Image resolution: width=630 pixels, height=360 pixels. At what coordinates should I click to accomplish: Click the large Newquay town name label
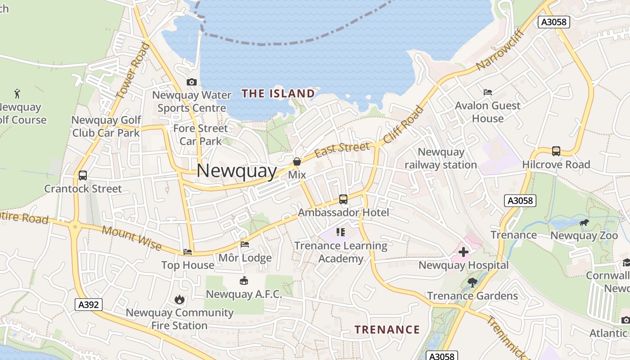pyautogui.click(x=237, y=171)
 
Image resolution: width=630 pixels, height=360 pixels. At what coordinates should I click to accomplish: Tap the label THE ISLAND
pyautogui.click(x=278, y=94)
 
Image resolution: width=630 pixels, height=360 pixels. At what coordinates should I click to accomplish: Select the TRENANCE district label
pyautogui.click(x=387, y=330)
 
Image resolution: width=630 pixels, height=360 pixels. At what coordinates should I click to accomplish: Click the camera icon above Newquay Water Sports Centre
pyautogui.click(x=192, y=82)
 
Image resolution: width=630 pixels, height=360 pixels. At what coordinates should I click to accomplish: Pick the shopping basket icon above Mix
pyautogui.click(x=297, y=162)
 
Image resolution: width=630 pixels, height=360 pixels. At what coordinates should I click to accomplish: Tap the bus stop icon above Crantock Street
pyautogui.click(x=83, y=175)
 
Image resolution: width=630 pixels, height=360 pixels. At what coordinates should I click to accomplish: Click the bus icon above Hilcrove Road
pyautogui.click(x=556, y=151)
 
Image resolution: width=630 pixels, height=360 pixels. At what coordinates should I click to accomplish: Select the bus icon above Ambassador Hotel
pyautogui.click(x=343, y=199)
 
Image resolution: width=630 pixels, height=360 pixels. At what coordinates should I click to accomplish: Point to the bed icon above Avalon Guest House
pyautogui.click(x=488, y=92)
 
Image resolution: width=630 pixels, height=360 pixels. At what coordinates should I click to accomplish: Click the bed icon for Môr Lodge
pyautogui.click(x=245, y=244)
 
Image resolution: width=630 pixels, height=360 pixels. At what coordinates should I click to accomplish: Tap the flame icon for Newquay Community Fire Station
pyautogui.click(x=180, y=299)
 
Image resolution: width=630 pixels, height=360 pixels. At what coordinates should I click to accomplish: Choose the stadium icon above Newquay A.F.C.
pyautogui.click(x=244, y=281)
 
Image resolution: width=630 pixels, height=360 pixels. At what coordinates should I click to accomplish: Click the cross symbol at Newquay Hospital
pyautogui.click(x=463, y=252)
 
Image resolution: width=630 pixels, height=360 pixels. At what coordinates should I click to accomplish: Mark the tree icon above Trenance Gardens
pyautogui.click(x=472, y=283)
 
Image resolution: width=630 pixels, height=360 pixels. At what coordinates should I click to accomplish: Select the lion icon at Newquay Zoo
pyautogui.click(x=584, y=222)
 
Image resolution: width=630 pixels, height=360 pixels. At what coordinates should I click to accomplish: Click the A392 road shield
pyautogui.click(x=89, y=305)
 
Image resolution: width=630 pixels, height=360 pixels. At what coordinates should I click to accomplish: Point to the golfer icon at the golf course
pyautogui.click(x=18, y=94)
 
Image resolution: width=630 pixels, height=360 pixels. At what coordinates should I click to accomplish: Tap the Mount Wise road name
pyautogui.click(x=131, y=238)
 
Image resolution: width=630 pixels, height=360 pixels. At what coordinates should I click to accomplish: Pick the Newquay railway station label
pyautogui.click(x=441, y=158)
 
